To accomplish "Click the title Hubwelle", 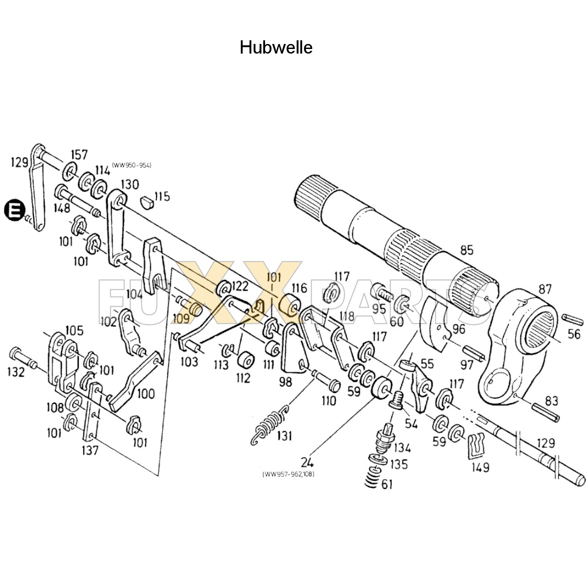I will point(276,48).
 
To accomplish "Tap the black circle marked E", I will point(14,211).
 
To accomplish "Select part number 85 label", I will point(467,250).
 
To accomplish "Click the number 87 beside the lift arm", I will point(545,289).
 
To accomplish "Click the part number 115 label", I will point(162,196).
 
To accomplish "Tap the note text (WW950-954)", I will point(131,165).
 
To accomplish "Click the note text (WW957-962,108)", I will point(288,474).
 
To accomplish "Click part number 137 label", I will point(90,450).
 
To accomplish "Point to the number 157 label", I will point(79,155).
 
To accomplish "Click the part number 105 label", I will point(74,330).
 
